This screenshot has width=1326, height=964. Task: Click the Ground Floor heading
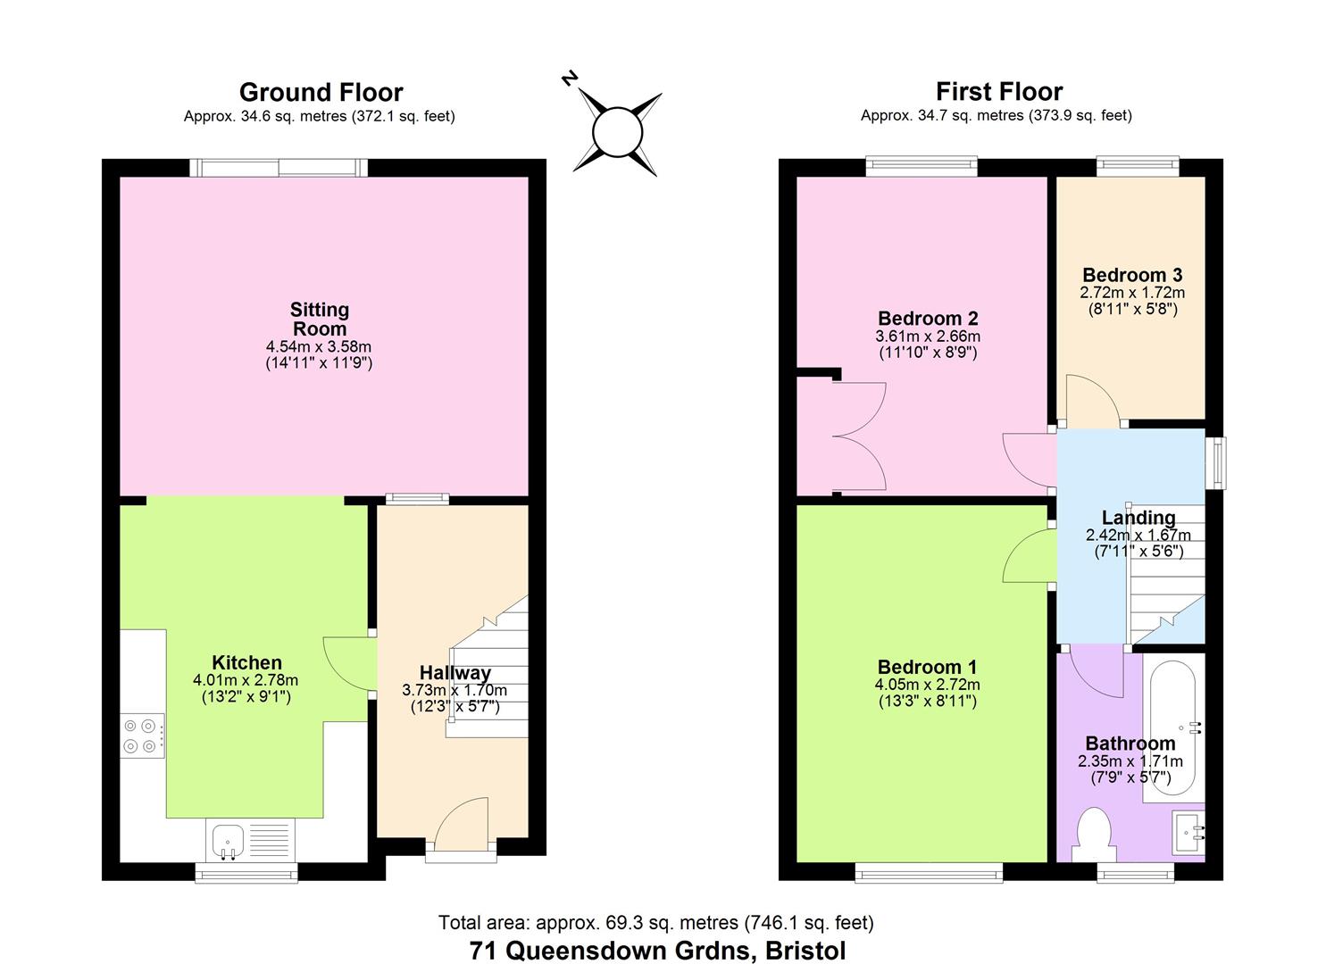[321, 93]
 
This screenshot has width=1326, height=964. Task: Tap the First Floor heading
[999, 92]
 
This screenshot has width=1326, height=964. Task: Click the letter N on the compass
[570, 79]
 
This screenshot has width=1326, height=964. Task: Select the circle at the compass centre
[617, 133]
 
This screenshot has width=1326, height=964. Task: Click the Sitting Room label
[320, 319]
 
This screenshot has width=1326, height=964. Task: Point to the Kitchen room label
[246, 662]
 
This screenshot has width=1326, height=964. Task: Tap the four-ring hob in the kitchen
[142, 735]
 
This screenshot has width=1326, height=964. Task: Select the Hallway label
[455, 673]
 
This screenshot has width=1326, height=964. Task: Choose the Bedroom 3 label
[1132, 275]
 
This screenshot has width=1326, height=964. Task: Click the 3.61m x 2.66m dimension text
[928, 337]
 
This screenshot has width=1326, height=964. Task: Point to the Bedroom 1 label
[927, 667]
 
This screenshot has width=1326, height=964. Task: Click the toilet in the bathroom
[1094, 835]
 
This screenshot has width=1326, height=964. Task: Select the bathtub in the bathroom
[1173, 727]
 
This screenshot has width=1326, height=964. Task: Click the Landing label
[1138, 518]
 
